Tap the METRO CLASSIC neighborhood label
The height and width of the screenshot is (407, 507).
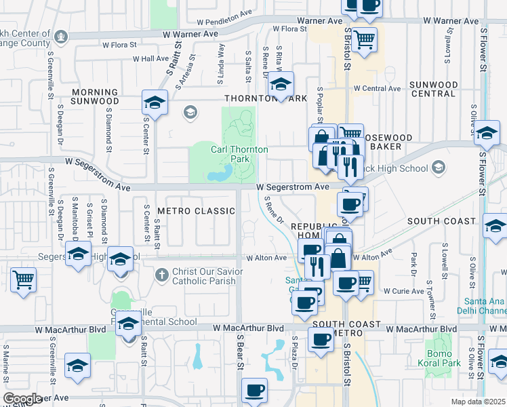point(196,211)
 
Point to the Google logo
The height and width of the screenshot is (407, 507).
point(22,398)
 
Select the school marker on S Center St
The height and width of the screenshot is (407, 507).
point(155,103)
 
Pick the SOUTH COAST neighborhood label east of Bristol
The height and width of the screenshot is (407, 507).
point(441,221)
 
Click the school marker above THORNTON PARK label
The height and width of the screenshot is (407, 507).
point(280,84)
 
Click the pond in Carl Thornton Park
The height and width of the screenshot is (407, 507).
point(218,176)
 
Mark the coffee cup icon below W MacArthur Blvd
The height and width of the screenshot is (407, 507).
point(320,340)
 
